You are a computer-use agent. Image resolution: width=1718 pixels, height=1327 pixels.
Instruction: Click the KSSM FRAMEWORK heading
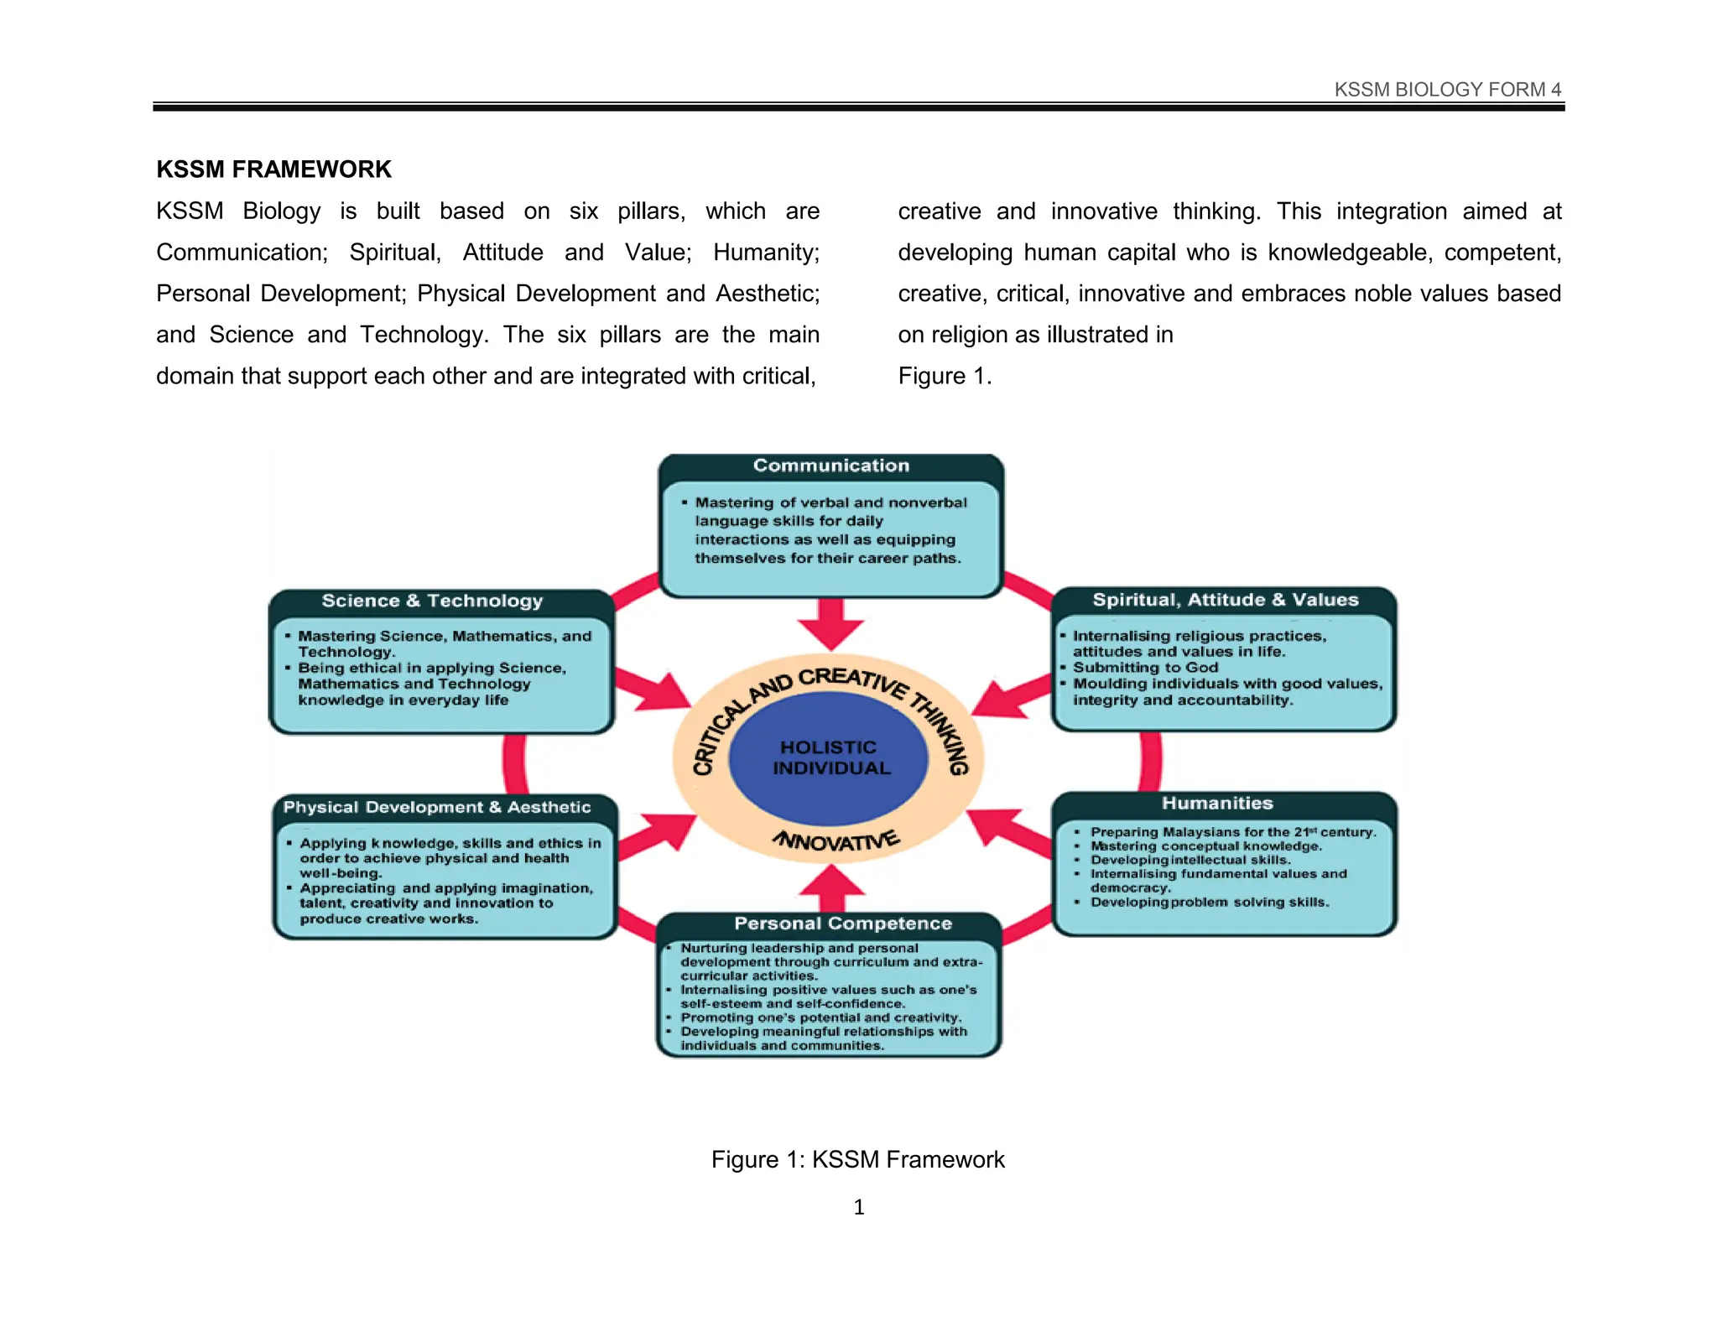273,169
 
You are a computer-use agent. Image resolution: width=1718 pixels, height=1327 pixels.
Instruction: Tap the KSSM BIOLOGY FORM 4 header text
1447,90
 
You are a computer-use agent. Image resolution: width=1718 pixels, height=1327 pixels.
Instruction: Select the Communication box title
830,466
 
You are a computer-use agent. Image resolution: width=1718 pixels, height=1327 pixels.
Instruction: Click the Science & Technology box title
432,601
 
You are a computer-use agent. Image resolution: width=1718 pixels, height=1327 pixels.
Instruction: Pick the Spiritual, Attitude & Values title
1225,600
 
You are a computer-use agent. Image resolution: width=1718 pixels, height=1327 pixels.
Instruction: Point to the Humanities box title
1217,804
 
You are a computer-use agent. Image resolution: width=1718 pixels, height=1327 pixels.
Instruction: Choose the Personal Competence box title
843,924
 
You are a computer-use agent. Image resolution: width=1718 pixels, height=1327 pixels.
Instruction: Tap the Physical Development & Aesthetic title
437,807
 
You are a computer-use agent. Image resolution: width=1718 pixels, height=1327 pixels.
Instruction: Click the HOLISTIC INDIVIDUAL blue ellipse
829,757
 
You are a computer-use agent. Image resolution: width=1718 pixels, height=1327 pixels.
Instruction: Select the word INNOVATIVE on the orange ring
836,840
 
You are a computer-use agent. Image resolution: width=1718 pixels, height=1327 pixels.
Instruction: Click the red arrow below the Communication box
830,625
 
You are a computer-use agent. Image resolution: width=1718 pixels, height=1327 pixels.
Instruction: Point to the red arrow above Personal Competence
830,887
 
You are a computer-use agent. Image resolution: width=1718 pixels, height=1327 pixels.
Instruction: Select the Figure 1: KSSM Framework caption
857,1159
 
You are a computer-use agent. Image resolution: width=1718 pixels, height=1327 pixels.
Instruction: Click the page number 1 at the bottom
858,1207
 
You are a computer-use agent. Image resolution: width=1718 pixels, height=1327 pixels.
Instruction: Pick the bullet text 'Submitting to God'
1145,668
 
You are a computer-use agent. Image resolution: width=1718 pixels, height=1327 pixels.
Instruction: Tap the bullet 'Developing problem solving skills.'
1209,903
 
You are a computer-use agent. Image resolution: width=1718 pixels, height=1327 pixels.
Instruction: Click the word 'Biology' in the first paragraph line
281,211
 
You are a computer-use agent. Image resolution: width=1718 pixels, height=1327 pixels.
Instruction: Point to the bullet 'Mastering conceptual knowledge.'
1205,846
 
